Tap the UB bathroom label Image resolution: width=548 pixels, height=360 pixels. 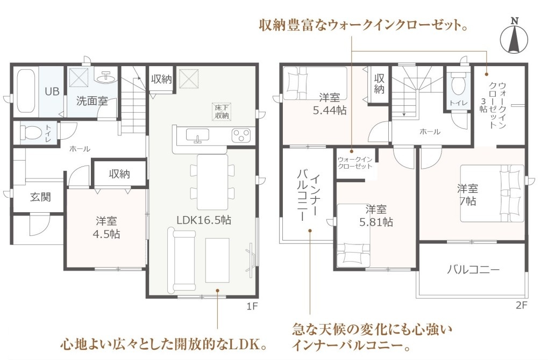tap(52, 91)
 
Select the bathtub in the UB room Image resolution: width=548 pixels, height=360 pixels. tap(26, 91)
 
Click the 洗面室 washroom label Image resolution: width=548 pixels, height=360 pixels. tap(92, 101)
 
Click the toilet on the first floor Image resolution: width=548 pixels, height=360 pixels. tap(31, 132)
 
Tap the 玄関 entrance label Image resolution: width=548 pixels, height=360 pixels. tap(40, 197)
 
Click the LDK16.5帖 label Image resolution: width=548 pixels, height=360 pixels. tap(204, 220)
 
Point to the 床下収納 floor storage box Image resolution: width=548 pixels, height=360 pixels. tap(222, 112)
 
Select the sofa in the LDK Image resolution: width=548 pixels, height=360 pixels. tap(182, 260)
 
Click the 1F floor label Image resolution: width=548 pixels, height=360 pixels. tap(252, 307)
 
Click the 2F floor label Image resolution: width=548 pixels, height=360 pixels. tap(521, 305)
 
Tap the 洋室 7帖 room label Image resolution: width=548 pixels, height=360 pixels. tap(467, 195)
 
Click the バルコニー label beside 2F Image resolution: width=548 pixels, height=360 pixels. tap(474, 270)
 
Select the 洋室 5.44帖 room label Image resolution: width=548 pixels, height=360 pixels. tap(330, 104)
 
